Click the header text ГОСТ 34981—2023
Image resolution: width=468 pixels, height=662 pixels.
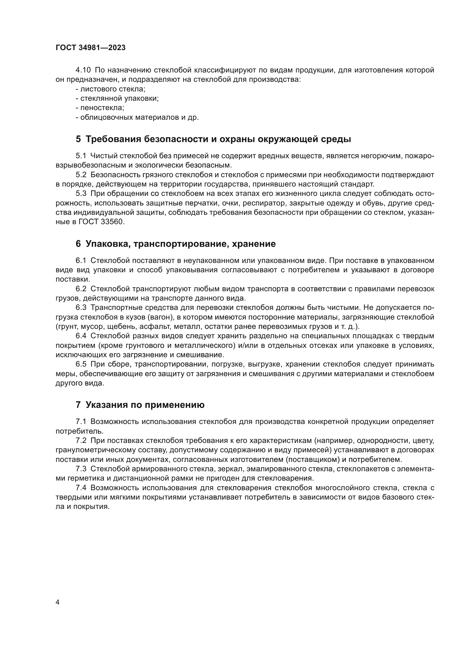pyautogui.click(x=91, y=48)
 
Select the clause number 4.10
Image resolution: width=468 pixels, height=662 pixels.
pyautogui.click(x=83, y=70)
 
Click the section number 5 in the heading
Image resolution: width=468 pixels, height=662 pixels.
pyautogui.click(x=78, y=139)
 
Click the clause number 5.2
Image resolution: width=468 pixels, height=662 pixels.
pyautogui.click(x=81, y=175)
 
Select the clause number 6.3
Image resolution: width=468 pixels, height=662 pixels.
pyautogui.click(x=81, y=308)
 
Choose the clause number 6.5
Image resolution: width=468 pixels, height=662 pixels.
pyautogui.click(x=81, y=365)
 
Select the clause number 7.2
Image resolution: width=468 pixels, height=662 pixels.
pyautogui.click(x=81, y=441)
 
